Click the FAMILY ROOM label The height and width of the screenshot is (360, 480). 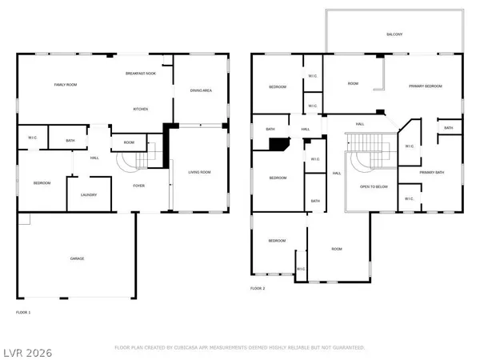coord(64,84)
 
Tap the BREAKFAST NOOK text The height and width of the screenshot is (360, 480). coord(141,74)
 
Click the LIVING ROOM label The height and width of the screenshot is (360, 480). coord(199,172)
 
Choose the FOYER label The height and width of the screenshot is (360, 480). coord(138,185)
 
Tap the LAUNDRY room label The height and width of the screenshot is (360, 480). coord(89,194)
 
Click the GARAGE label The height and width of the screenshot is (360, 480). coord(78,258)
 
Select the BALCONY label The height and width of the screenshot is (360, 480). coord(394,34)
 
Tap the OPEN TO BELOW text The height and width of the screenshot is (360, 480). coord(374,186)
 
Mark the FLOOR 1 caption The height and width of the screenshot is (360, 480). coord(23,311)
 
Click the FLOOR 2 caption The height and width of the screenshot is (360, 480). coord(258,287)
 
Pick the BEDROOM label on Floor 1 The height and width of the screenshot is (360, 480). coord(42,183)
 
